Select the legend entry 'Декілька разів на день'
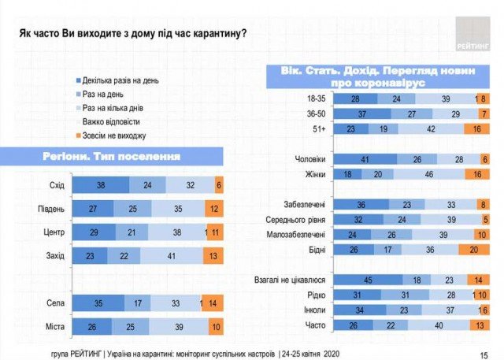(x=119, y=81)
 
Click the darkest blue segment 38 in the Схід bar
(x=100, y=185)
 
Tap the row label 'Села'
(x=54, y=302)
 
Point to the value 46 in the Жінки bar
(x=428, y=174)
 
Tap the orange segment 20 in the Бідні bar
(x=474, y=249)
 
